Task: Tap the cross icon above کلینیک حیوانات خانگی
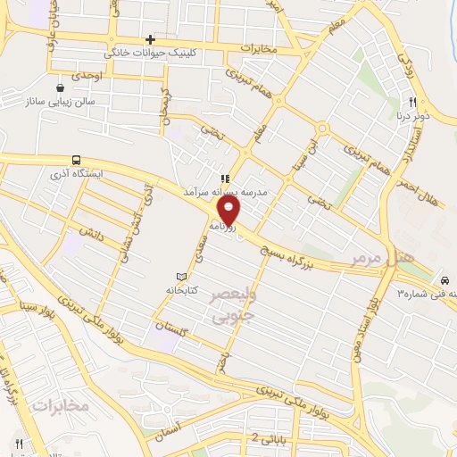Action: (x=150, y=39)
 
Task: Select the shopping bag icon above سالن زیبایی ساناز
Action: (x=60, y=88)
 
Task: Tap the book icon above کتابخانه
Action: (x=182, y=277)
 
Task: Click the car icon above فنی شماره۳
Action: (x=445, y=279)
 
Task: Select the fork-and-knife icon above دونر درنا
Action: (x=412, y=102)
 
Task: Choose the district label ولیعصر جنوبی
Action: (x=234, y=303)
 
